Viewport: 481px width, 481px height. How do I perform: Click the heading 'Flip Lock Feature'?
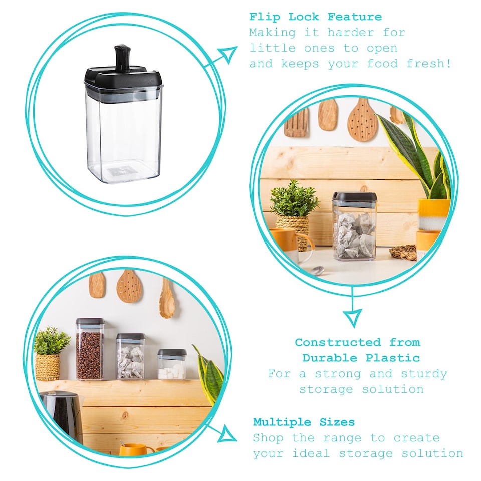315,17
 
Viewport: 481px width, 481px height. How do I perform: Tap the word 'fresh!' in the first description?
429,64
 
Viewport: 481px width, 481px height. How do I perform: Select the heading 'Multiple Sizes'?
304,422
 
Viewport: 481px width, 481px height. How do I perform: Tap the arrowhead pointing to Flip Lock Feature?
228,54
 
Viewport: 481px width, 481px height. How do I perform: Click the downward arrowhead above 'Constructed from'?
352,318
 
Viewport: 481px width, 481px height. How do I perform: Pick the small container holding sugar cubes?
172,364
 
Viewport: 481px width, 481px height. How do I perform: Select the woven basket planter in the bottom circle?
48,367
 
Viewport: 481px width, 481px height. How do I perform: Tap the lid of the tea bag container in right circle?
354,197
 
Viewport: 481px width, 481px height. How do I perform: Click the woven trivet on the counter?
403,252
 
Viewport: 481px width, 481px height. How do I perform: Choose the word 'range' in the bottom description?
342,438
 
